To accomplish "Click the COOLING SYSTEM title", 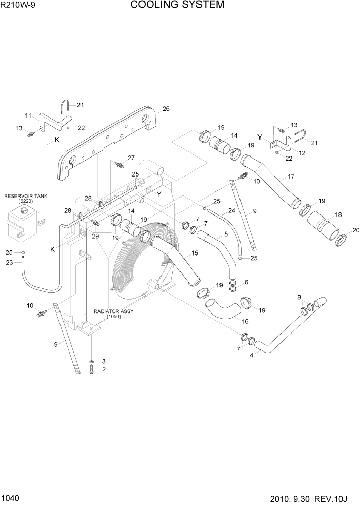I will [x=177, y=6].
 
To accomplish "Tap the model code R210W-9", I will [x=18, y=6].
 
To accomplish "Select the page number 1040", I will [x=11, y=498].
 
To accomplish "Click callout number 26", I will [x=166, y=109].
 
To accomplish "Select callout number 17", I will [x=291, y=177].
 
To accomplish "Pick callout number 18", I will [x=338, y=214].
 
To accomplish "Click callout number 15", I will [x=194, y=253].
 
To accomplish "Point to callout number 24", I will [x=232, y=210].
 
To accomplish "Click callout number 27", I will [x=131, y=158].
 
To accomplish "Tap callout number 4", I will [x=252, y=355].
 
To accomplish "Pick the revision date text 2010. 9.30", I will [x=292, y=498].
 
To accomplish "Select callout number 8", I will [x=299, y=297].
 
